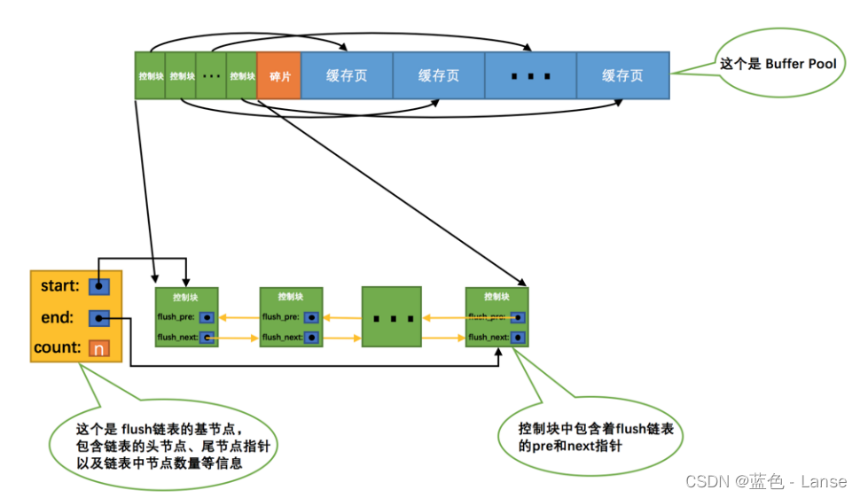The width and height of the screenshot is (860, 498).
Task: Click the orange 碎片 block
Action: click(x=279, y=75)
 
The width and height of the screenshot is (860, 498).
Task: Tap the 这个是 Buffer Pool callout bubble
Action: click(x=778, y=65)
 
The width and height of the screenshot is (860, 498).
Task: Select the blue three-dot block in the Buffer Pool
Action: click(x=530, y=75)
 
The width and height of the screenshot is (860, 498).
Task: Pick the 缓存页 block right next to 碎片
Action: click(x=347, y=75)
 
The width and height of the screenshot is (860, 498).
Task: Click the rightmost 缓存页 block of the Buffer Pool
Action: click(x=622, y=75)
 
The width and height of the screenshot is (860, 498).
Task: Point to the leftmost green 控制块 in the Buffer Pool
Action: click(x=151, y=75)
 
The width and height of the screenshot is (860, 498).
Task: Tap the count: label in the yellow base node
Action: click(x=58, y=347)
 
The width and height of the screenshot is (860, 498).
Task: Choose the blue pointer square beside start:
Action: click(x=99, y=285)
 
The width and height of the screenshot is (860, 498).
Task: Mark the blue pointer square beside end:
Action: click(x=99, y=317)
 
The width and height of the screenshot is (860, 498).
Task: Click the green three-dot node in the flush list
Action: click(x=391, y=316)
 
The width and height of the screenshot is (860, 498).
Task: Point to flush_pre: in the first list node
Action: click(x=176, y=316)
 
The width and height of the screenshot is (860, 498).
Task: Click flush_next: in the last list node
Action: click(x=489, y=338)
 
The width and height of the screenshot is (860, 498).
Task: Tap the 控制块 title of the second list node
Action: click(x=291, y=297)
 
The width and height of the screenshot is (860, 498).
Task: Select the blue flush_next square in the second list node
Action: click(x=311, y=338)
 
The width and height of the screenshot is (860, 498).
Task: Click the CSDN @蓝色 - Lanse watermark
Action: click(x=766, y=481)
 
